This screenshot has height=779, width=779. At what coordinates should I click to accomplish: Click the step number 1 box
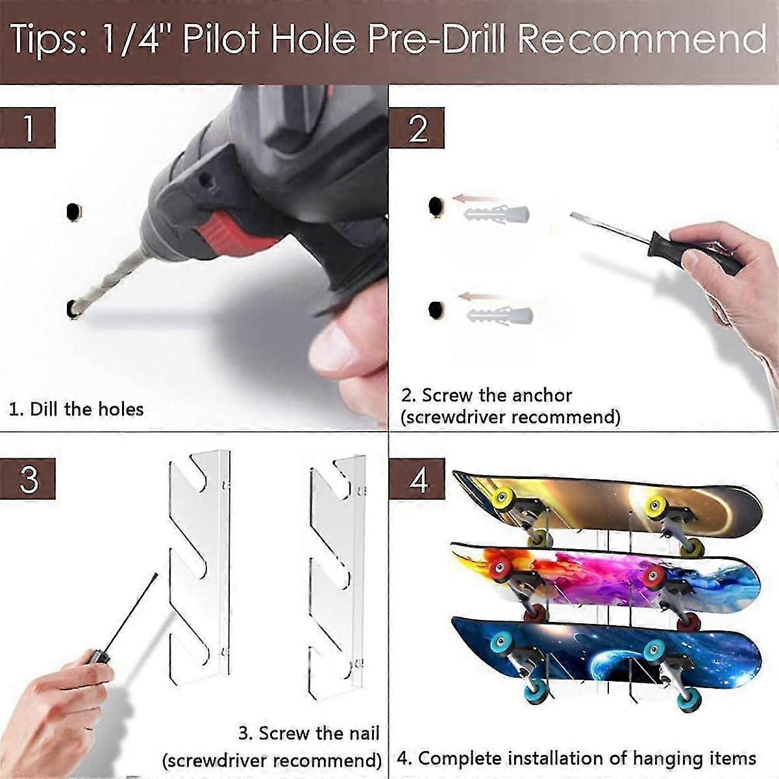click(27, 128)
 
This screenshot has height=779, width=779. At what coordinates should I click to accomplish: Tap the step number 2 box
click(417, 128)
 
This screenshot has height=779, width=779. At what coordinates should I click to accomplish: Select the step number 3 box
click(27, 479)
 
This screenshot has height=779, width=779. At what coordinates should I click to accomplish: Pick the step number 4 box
click(417, 479)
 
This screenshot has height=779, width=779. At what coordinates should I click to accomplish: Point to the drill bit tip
click(75, 311)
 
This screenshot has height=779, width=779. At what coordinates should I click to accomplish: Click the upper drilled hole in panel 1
click(73, 211)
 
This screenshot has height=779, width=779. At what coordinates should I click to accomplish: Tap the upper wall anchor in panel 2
click(497, 214)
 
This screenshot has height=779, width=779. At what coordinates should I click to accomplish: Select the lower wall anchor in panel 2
click(500, 314)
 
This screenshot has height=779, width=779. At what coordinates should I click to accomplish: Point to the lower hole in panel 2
click(436, 310)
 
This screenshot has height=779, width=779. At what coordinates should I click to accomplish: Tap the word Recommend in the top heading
click(641, 38)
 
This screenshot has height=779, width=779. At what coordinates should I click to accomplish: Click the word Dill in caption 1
click(44, 409)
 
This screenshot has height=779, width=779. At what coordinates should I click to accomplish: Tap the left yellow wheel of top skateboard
click(502, 495)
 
